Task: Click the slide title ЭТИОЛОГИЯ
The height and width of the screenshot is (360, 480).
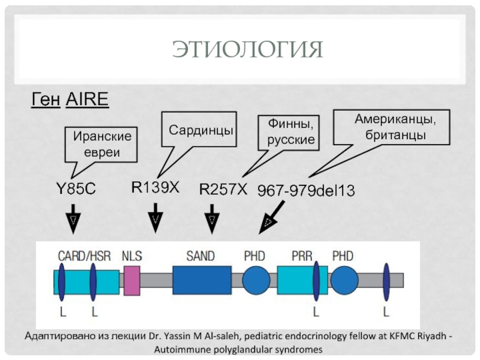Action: pos(247,49)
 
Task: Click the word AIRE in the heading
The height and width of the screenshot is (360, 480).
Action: pos(87,99)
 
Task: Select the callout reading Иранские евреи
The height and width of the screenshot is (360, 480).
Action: pos(101,145)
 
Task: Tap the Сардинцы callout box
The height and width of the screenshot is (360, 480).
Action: pos(199,130)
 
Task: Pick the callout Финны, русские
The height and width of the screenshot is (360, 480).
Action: pos(289,133)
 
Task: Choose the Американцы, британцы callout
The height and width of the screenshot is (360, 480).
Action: pos(392,127)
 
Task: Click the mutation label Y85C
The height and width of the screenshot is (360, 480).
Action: pos(76,188)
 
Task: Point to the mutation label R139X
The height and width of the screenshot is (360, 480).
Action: pos(155,187)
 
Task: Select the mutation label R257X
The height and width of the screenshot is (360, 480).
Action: pos(223,189)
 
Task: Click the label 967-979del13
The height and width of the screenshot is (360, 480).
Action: pos(306,190)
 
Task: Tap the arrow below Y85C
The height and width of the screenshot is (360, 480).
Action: pos(73,219)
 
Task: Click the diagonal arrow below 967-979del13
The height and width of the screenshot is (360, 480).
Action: pos(272,217)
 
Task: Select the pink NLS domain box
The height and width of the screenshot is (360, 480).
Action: pos(132,281)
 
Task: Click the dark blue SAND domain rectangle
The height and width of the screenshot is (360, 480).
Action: pos(202,280)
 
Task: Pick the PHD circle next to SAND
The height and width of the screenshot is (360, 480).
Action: pos(256,280)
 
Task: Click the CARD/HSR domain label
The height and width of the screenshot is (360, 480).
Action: pos(84,256)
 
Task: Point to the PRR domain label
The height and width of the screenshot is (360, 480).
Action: pos(302,256)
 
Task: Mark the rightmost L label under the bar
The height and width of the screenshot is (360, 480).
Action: pos(386,312)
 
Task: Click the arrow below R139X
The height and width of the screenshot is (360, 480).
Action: pos(155,218)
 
